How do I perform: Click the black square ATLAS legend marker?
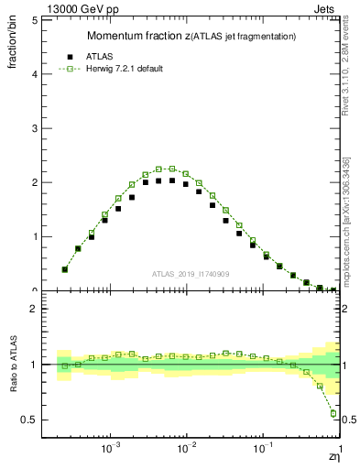point(64,54)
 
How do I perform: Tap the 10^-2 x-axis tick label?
point(186,450)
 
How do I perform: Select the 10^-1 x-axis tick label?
point(263,450)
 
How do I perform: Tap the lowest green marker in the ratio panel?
point(333,413)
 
